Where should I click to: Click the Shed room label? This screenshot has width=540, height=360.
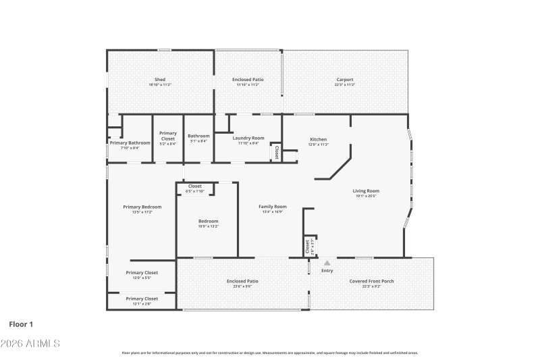click(x=160, y=80)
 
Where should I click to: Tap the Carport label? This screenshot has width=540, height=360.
click(x=345, y=80)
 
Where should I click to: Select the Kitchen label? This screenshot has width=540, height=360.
click(x=318, y=138)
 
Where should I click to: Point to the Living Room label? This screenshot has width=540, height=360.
click(x=366, y=190)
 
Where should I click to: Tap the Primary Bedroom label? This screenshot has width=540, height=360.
click(x=142, y=207)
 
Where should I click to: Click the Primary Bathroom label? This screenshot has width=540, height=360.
click(x=130, y=143)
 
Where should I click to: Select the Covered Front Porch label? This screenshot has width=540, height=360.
click(x=371, y=281)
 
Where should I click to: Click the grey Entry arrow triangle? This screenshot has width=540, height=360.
click(x=327, y=263)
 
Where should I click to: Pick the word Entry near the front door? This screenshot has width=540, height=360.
click(x=327, y=270)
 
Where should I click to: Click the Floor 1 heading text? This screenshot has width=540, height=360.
click(x=21, y=324)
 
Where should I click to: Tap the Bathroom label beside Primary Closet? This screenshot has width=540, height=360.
click(x=198, y=136)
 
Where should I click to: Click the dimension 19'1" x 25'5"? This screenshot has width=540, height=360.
click(x=366, y=197)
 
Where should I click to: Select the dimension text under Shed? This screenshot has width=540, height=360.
click(x=160, y=85)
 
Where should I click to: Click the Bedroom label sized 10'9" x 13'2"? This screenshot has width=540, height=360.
click(x=208, y=221)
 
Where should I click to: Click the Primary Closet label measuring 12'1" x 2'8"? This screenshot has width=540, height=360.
click(x=142, y=298)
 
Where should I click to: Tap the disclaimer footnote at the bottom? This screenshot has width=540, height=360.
click(x=270, y=353)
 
